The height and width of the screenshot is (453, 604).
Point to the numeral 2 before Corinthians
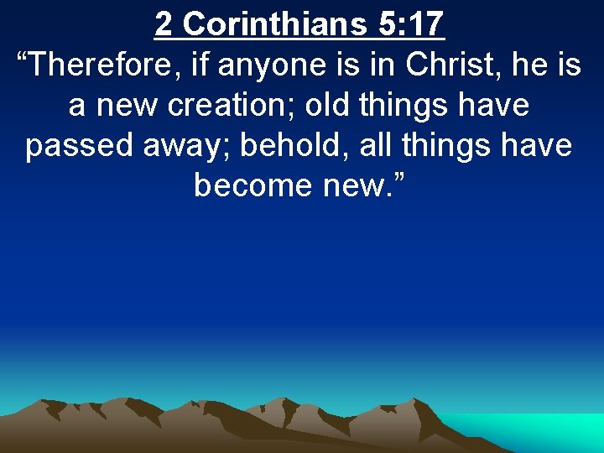pos(164,23)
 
